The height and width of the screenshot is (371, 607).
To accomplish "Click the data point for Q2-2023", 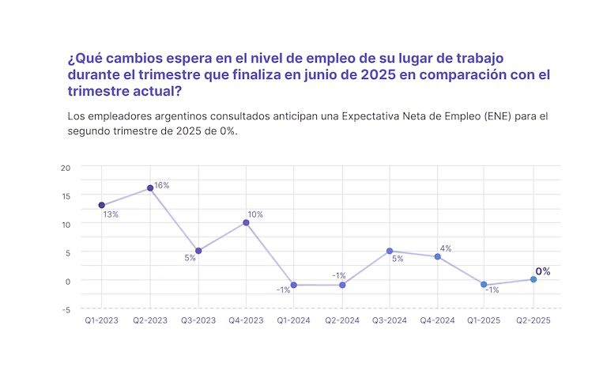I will point(150,188).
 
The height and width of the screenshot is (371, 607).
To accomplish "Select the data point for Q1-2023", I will point(102,205).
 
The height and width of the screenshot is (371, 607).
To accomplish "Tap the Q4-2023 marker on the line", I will point(246,222).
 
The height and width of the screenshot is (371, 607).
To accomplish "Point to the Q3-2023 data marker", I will point(198,251).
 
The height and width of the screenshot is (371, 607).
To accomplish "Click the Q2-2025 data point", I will point(533,279).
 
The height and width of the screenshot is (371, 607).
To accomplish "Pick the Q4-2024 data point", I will point(437,256).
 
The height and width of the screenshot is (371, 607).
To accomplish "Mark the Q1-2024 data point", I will point(293,285).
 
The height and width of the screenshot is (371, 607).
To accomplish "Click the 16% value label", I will point(162,185).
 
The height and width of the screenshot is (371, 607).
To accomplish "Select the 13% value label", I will point(111,215).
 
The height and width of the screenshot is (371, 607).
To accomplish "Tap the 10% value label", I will point(255,214).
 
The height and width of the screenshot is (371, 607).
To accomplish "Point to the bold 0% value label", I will point(543,271).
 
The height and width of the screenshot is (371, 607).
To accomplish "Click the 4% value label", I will point(446,248).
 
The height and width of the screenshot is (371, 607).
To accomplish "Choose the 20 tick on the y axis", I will point(66,167).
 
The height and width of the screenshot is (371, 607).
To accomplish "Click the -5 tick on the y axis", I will point(66,309).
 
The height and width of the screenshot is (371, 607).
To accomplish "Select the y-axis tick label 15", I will point(66,195).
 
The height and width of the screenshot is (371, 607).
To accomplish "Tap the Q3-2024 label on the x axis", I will point(389,320).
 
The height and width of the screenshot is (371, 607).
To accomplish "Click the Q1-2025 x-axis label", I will point(484,320).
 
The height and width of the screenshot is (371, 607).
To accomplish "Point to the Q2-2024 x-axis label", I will point(341,320).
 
